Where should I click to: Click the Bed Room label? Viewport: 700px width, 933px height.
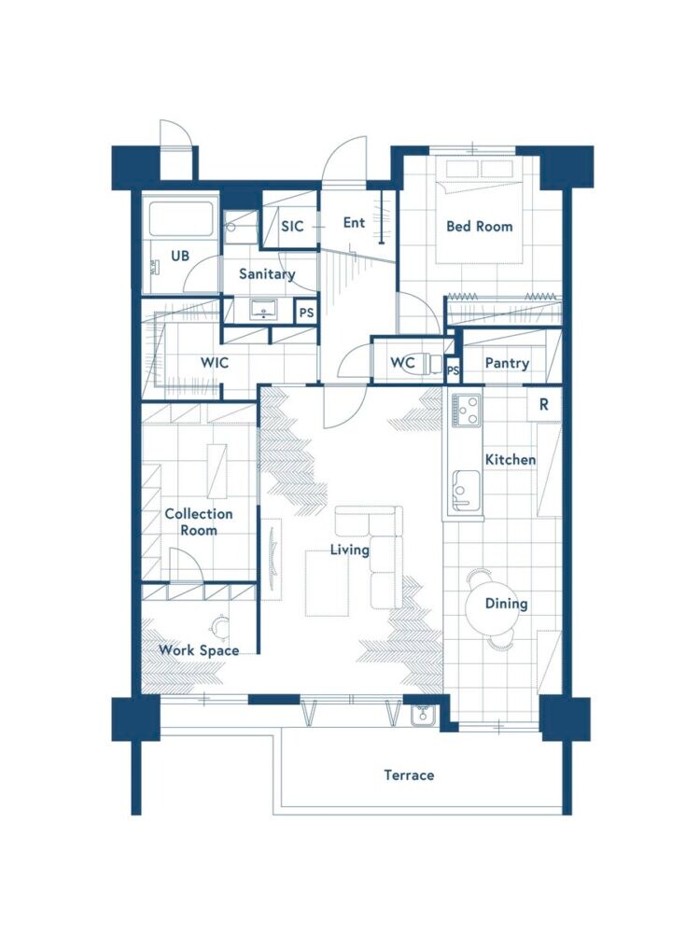pos(479,226)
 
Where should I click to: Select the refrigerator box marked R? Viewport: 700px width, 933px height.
pos(544,405)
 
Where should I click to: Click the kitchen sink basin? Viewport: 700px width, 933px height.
pos(466,491)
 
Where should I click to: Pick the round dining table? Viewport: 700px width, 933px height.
pos(491,606)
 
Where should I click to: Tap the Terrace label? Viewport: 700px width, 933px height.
pos(409,775)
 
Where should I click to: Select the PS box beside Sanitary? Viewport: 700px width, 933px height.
pos(306,313)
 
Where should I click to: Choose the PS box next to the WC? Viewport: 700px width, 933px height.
pos(453,370)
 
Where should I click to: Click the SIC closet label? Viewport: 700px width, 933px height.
pos(292,226)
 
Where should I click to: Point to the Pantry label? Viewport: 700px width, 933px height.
pos(507,363)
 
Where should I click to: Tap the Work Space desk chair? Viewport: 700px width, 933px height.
pos(221,626)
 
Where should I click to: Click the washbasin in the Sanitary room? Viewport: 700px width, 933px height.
pos(263,311)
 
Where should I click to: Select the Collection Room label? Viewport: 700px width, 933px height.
pos(199,522)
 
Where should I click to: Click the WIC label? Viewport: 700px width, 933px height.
pos(215,362)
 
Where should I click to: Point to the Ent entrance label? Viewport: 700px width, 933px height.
pos(354,223)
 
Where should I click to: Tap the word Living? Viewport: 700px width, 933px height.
pos(350,550)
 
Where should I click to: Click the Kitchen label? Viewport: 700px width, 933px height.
pos(511,459)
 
